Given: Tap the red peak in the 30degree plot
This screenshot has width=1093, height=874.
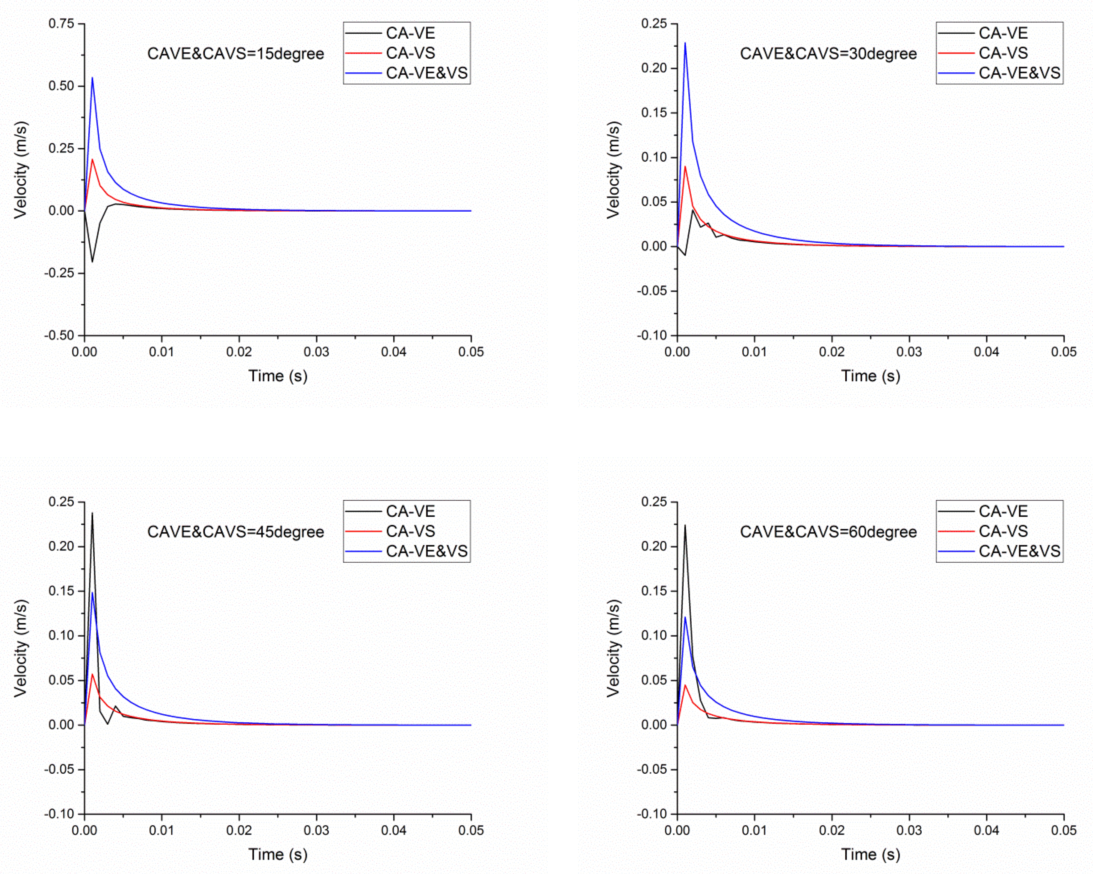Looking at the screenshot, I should tap(685, 167).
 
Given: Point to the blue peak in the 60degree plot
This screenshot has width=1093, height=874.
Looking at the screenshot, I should tap(685, 617).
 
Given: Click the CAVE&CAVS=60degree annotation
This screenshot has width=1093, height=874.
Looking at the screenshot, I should tap(828, 532).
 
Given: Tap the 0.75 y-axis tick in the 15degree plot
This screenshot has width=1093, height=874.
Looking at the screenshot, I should tap(61, 24).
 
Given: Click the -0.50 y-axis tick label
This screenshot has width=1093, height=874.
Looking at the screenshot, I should tap(59, 335).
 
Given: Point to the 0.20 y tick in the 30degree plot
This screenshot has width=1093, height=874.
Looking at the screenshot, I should tap(654, 68).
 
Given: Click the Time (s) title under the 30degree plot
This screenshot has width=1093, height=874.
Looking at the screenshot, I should tap(870, 376).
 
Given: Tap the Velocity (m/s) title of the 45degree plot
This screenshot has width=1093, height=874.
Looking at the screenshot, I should tap(20, 648).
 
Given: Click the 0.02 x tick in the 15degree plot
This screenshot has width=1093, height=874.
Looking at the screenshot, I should tap(239, 352).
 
